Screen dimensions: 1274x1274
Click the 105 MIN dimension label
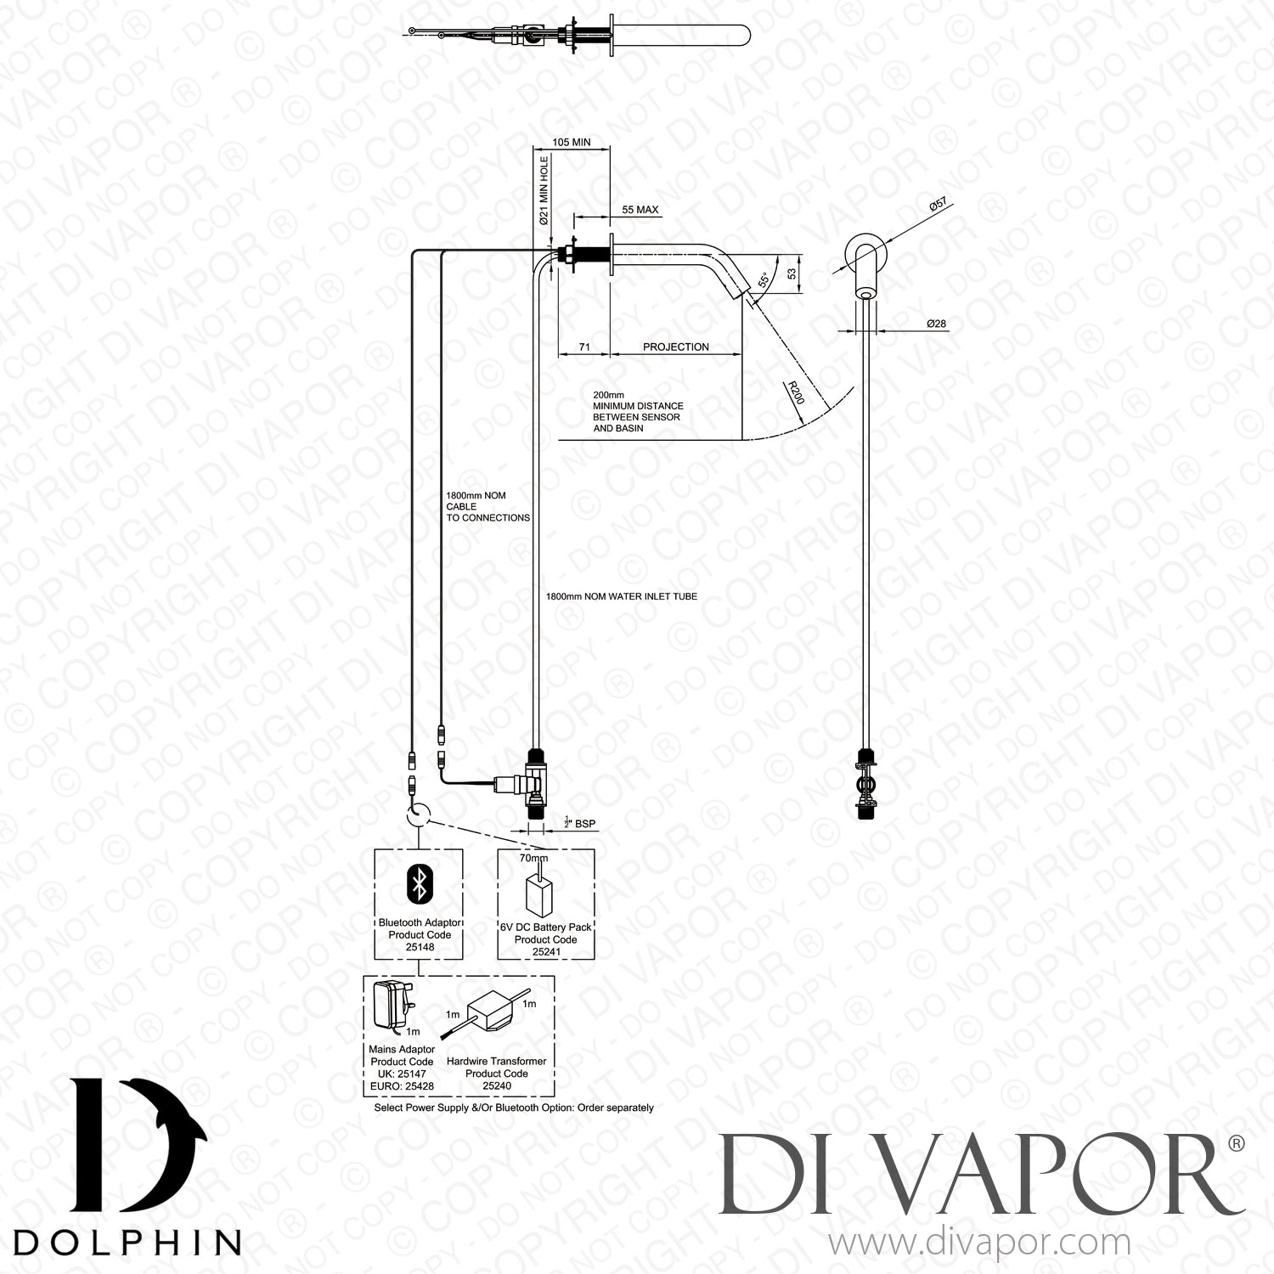[571, 143]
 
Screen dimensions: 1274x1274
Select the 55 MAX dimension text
[640, 210]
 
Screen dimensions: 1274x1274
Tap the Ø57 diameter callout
[939, 205]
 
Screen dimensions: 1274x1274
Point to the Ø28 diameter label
[937, 324]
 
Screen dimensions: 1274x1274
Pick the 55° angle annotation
[764, 279]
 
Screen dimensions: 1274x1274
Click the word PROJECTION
[675, 347]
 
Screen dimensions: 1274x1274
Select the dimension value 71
[584, 347]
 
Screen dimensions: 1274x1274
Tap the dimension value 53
[792, 273]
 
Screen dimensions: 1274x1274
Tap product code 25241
[545, 952]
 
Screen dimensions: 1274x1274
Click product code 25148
[420, 947]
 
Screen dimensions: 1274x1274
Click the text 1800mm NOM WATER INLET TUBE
[621, 596]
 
